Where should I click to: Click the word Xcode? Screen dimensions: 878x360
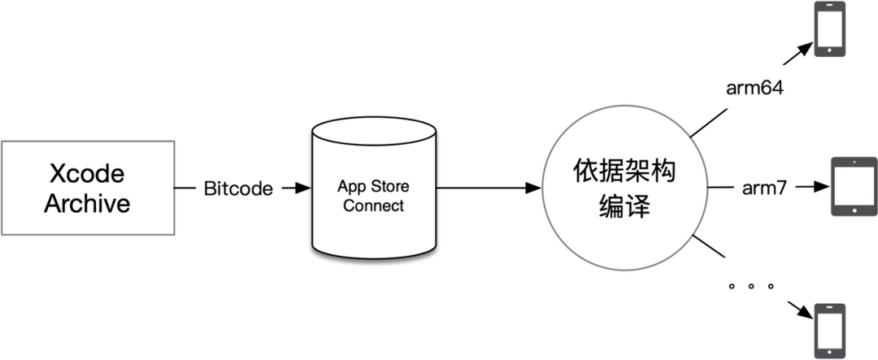[x=87, y=175]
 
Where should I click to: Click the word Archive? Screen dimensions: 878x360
[x=87, y=203]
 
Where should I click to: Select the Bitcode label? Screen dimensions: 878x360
[x=238, y=189]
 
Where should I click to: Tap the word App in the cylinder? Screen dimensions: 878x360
[x=351, y=184]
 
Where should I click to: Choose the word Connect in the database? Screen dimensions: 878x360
[x=373, y=205]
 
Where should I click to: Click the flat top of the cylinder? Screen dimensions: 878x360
[x=373, y=132]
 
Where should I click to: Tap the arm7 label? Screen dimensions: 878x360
[x=763, y=189]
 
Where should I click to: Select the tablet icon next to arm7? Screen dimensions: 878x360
[x=852, y=187]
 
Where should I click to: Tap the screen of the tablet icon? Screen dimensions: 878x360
[x=849, y=187]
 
